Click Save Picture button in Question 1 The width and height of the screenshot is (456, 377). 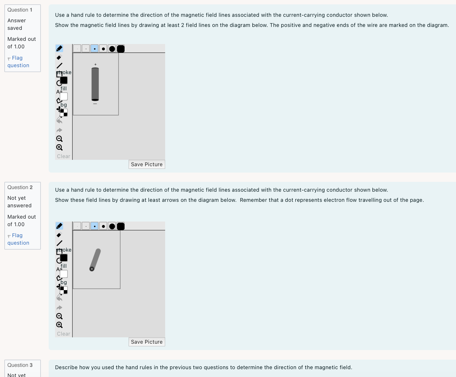[x=147, y=164]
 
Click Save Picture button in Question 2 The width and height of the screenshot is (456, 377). [x=147, y=342]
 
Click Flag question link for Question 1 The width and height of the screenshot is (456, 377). [x=18, y=62]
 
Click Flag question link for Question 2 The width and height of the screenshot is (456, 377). [x=18, y=239]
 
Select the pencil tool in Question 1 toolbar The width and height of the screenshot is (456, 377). [x=59, y=48]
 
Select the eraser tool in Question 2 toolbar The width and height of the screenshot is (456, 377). [x=59, y=235]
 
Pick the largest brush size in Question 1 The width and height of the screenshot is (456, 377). [x=121, y=49]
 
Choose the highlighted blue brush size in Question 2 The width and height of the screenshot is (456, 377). [x=94, y=226]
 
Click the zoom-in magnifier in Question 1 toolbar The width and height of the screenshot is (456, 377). [x=59, y=147]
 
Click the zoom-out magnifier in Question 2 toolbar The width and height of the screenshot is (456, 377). [x=59, y=316]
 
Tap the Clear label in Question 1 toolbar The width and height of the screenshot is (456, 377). [x=63, y=156]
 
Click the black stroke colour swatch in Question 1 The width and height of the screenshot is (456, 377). [x=64, y=80]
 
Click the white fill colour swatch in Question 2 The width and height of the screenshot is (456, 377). [x=64, y=274]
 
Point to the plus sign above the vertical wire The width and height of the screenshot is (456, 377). [x=95, y=64]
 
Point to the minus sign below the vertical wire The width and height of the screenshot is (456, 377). [x=95, y=104]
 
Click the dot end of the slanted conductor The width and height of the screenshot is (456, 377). [x=92, y=269]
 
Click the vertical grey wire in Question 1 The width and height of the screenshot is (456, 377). [x=95, y=84]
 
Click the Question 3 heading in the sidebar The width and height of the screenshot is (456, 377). [x=20, y=365]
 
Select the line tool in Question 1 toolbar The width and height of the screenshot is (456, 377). [x=59, y=66]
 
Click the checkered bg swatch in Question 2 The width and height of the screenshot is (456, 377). [x=64, y=290]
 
